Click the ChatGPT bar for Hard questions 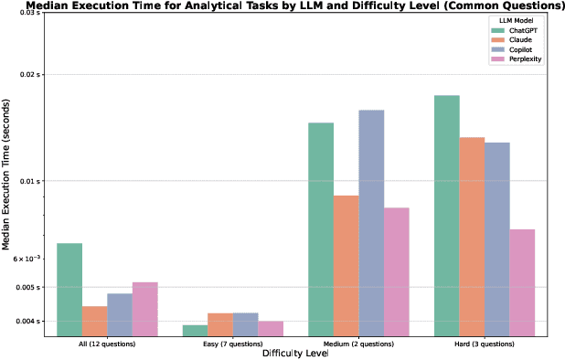(x=446, y=217)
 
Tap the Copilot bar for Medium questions (x=371, y=224)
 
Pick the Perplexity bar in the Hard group (x=521, y=283)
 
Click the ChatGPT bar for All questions (x=69, y=291)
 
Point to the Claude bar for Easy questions (x=220, y=325)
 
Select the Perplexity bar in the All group (x=144, y=310)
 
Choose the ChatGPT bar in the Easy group (x=196, y=331)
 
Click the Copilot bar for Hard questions (x=496, y=240)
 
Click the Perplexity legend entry (x=521, y=59)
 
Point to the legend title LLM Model (x=517, y=19)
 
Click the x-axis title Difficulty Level (x=294, y=353)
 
